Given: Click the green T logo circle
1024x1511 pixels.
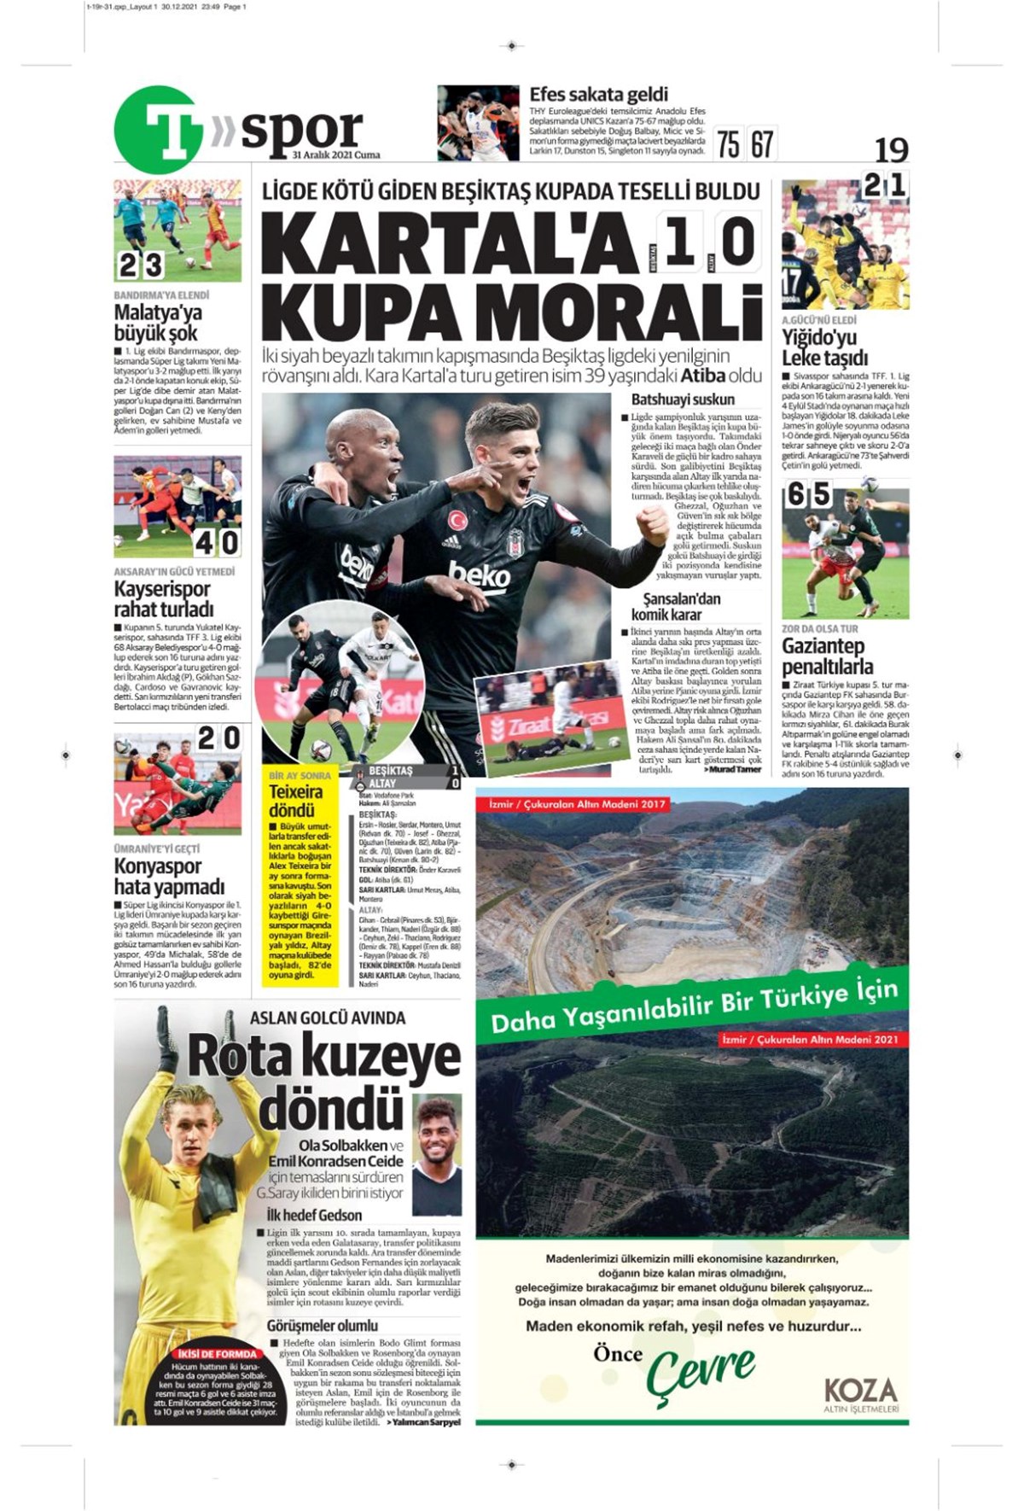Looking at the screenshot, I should (x=159, y=131).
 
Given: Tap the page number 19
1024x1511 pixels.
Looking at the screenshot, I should (x=891, y=150).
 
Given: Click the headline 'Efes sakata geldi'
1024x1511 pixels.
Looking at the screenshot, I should (x=598, y=95).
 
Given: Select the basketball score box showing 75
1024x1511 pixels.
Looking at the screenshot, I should (x=728, y=143).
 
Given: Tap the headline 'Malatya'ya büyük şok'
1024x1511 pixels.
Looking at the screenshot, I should (x=158, y=323).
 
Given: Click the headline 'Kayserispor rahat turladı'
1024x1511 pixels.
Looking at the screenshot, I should (x=162, y=598).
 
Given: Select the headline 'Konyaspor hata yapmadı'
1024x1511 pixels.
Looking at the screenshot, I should (x=169, y=876).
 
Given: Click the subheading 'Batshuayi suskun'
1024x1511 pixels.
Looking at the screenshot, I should (x=683, y=400).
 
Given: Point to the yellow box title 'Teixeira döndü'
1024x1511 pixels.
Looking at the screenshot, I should (x=296, y=800).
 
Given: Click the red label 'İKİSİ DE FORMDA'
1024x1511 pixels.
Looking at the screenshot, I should (x=216, y=1353).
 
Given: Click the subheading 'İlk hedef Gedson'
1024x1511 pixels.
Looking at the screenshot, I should (x=314, y=1215).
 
